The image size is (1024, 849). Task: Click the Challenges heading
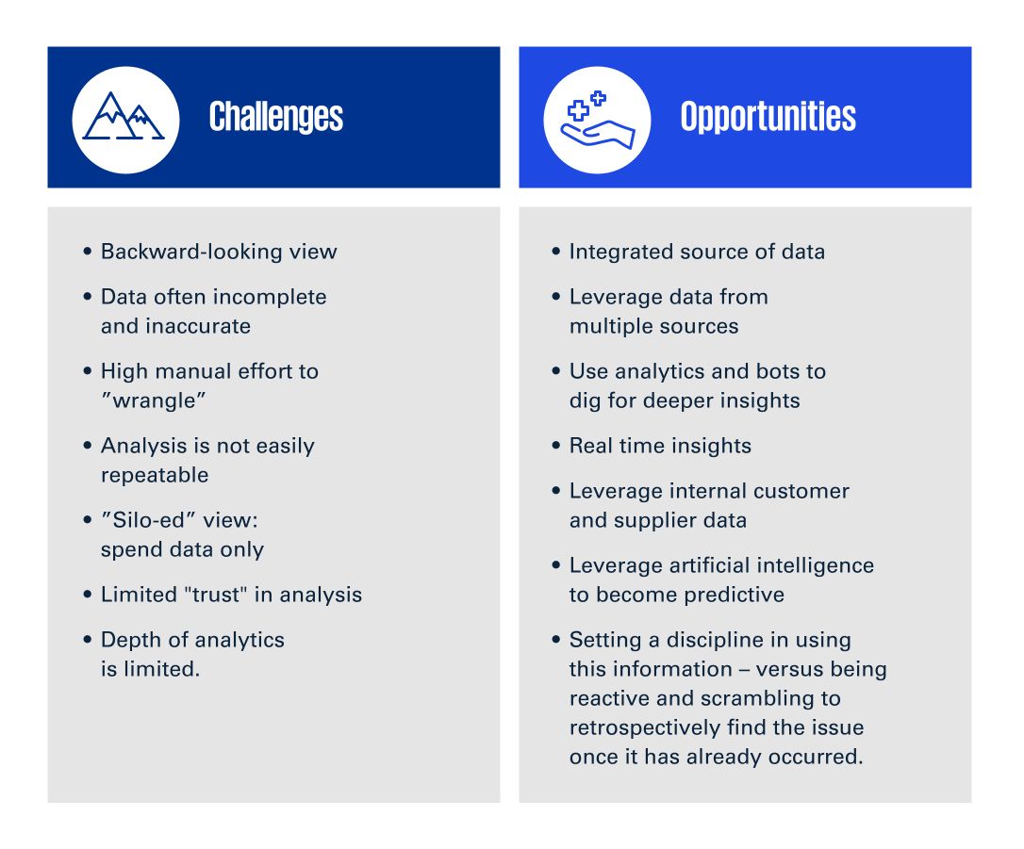276,118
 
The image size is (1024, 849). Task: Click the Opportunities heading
768,117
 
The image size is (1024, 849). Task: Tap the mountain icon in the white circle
124,116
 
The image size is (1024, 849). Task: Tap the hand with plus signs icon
597,120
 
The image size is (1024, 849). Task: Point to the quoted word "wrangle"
154,400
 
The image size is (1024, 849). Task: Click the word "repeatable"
155,475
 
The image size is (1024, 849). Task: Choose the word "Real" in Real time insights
591,446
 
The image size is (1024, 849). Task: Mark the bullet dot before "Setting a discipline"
555,640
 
